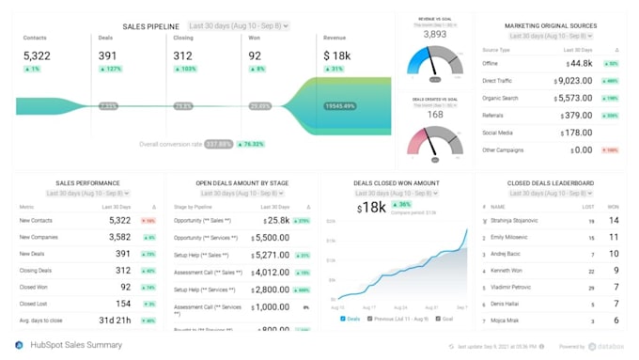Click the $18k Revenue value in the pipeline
(x=337, y=55)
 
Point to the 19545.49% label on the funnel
(x=341, y=106)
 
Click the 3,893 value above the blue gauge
(x=435, y=34)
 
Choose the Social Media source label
(x=498, y=133)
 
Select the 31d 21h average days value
(x=112, y=321)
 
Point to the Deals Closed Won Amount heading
(x=397, y=183)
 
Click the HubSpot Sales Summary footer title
(x=77, y=345)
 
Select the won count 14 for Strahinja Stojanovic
(x=613, y=220)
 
